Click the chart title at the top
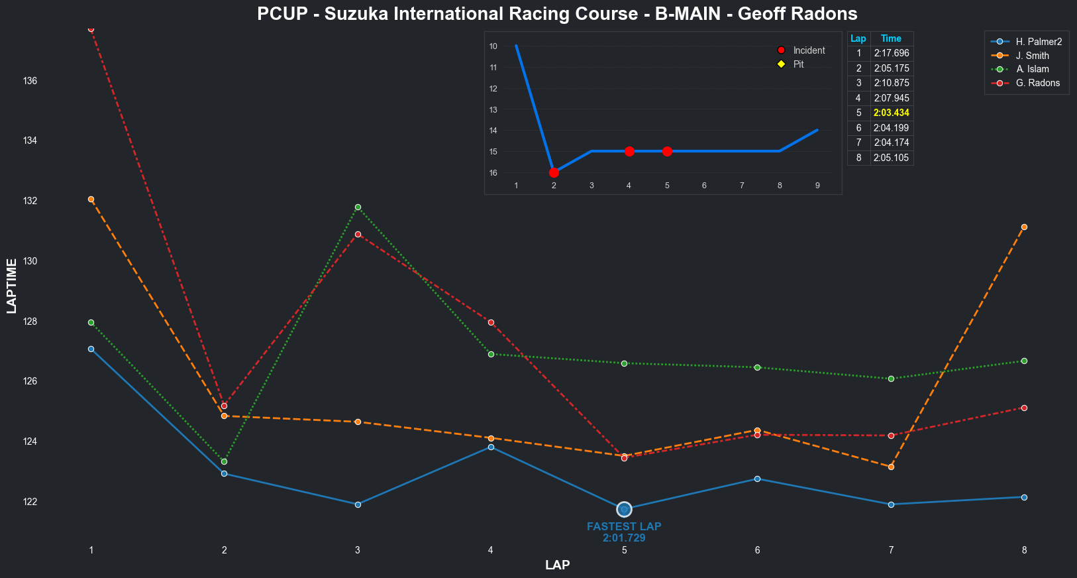pyautogui.click(x=557, y=14)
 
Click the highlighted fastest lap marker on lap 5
pyautogui.click(x=624, y=509)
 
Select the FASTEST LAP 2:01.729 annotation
pyautogui.click(x=624, y=532)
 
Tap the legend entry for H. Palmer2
pyautogui.click(x=1038, y=42)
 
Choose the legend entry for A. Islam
pyautogui.click(x=1032, y=69)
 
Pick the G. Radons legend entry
pyautogui.click(x=1037, y=83)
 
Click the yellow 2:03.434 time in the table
pyautogui.click(x=891, y=113)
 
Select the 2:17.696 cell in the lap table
pyautogui.click(x=891, y=53)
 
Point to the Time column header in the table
pyautogui.click(x=891, y=38)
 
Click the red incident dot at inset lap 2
pyautogui.click(x=554, y=172)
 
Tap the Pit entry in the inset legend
pyautogui.click(x=798, y=64)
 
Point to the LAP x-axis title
pyautogui.click(x=557, y=565)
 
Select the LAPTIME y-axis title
pyautogui.click(x=11, y=286)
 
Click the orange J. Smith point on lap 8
pyautogui.click(x=1024, y=227)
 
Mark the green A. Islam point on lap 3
pyautogui.click(x=358, y=207)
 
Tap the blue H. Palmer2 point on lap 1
pyautogui.click(x=91, y=349)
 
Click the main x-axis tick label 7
pyautogui.click(x=891, y=549)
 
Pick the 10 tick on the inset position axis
pyautogui.click(x=493, y=46)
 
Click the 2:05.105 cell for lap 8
pyautogui.click(x=891, y=158)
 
